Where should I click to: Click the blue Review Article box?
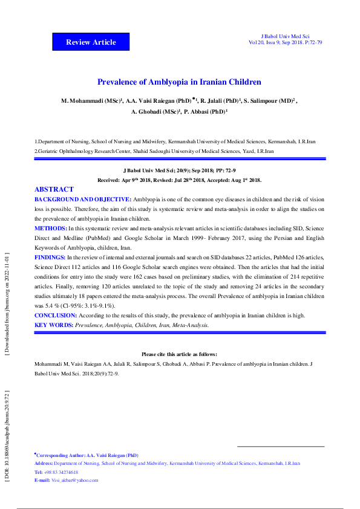pos(91,42)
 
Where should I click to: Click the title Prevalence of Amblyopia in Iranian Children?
pos(180,82)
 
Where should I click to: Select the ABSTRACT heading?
pos(54,189)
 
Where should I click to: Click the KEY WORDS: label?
pos(54,325)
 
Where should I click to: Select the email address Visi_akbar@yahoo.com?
pos(74,480)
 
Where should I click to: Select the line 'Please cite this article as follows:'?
pos(179,354)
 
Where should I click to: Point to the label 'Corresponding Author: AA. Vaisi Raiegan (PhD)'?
pos(88,455)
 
